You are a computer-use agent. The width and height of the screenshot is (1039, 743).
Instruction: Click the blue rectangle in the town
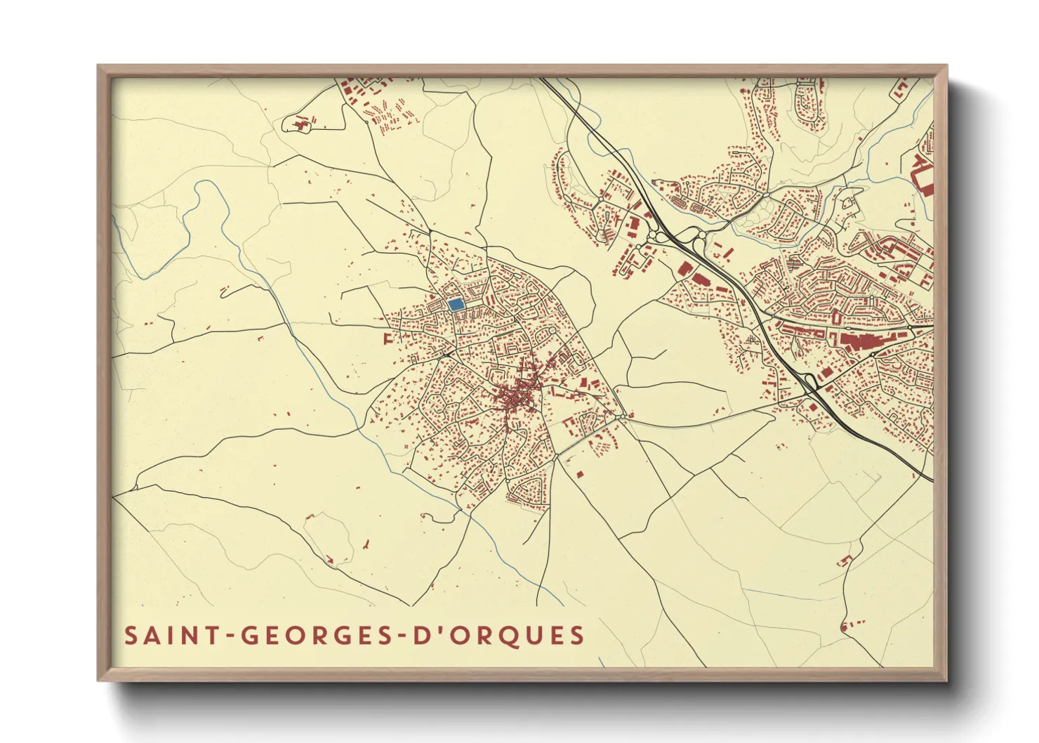[456, 305]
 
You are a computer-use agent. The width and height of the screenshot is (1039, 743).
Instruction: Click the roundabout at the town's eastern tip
[623, 417]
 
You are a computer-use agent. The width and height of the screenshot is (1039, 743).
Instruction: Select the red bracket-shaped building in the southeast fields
[845, 560]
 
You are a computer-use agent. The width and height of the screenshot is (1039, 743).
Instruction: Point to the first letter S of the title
[131, 636]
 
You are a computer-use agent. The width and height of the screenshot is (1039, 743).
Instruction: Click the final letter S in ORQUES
[577, 636]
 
